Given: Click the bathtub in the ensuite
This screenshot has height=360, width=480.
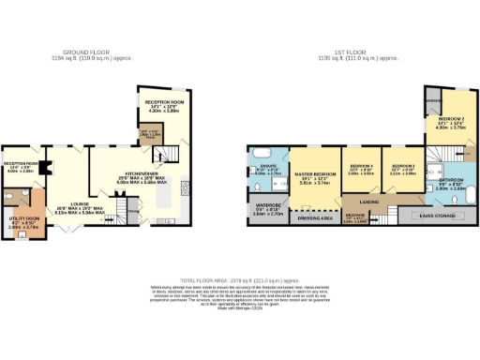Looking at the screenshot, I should pyautogui.click(x=265, y=153).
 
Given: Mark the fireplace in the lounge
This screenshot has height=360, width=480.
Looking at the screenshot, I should pyautogui.click(x=55, y=169).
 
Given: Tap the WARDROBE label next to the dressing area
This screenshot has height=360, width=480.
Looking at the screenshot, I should pyautogui.click(x=267, y=211).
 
